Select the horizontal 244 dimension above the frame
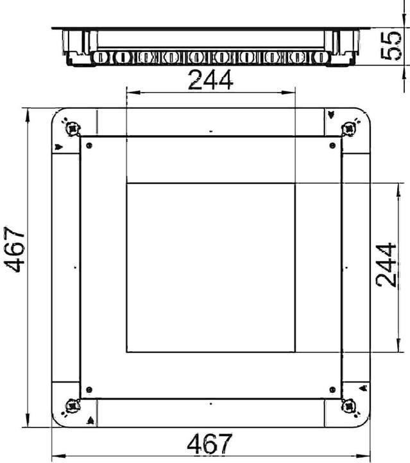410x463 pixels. coord(210,81)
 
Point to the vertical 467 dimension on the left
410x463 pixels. coord(15,250)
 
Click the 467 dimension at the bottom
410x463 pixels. coord(210,444)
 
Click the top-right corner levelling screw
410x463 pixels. coord(350,128)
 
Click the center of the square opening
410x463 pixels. coord(210,268)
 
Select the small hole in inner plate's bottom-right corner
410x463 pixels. coord(332,389)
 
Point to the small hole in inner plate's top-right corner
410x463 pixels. coord(332,145)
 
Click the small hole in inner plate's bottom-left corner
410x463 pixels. coord(89,389)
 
